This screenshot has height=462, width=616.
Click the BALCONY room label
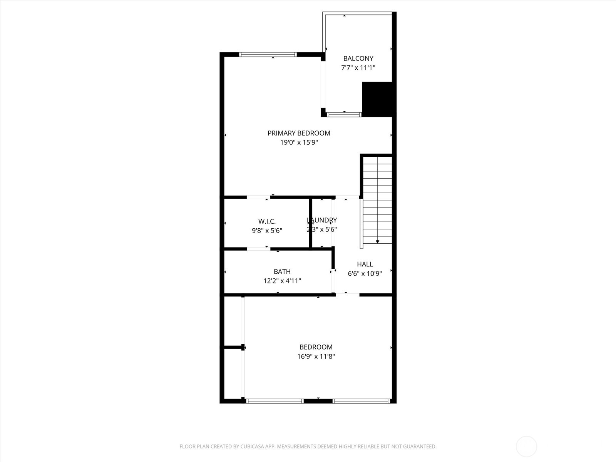pyautogui.click(x=358, y=59)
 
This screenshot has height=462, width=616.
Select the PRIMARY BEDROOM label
pyautogui.click(x=299, y=133)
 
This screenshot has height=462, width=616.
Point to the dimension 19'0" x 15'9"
pyautogui.click(x=299, y=142)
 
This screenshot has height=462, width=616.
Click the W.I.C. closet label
pyautogui.click(x=267, y=221)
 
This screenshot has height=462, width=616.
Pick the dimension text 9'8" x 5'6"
pyautogui.click(x=267, y=231)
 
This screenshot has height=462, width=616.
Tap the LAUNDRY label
pyautogui.click(x=322, y=220)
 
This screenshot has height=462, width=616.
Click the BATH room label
pyautogui.click(x=282, y=272)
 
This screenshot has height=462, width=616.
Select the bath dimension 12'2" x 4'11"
pyautogui.click(x=282, y=281)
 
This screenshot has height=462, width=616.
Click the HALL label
pyautogui.click(x=365, y=264)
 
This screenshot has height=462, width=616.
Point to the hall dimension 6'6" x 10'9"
pyautogui.click(x=365, y=274)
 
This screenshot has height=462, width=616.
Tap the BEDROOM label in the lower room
pyautogui.click(x=316, y=347)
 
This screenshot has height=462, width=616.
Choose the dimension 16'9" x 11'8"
pyautogui.click(x=316, y=357)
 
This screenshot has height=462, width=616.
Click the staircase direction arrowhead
pyautogui.click(x=378, y=241)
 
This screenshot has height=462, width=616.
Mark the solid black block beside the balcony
pyautogui.click(x=377, y=99)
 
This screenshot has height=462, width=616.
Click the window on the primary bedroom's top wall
pyautogui.click(x=268, y=54)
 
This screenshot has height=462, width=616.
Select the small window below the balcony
pyautogui.click(x=344, y=114)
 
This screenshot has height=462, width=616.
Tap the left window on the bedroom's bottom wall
pyautogui.click(x=275, y=401)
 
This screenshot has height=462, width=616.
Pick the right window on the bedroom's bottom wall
pyautogui.click(x=361, y=401)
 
